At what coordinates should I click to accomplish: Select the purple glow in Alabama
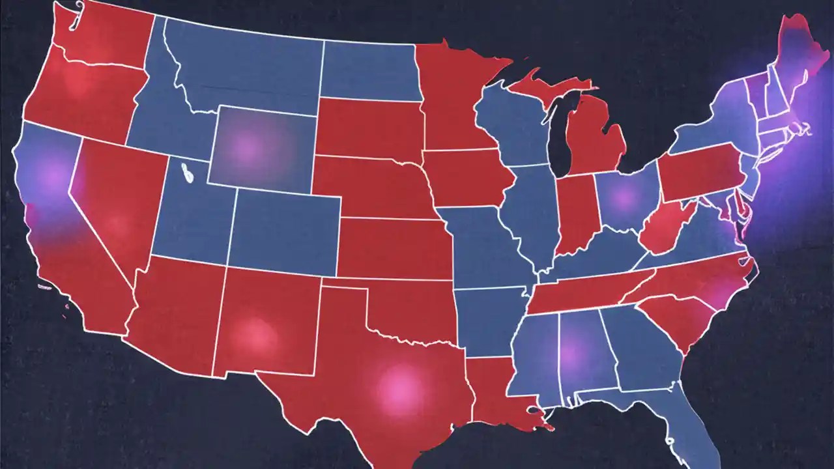(571, 352)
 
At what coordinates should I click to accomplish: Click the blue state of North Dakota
(368, 72)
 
